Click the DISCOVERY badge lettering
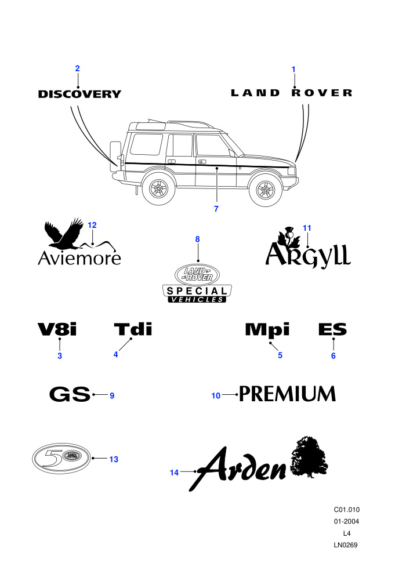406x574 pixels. pyautogui.click(x=79, y=94)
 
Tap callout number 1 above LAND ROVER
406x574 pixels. pyautogui.click(x=293, y=69)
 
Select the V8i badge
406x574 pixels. pyautogui.click(x=57, y=329)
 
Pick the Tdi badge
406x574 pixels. pyautogui.click(x=133, y=329)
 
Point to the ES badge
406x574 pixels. pyautogui.click(x=332, y=329)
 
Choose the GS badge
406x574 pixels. pyautogui.click(x=70, y=394)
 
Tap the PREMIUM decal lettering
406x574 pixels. pyautogui.click(x=287, y=394)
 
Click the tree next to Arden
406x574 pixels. pyautogui.click(x=309, y=457)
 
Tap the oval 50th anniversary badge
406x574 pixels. pyautogui.click(x=61, y=458)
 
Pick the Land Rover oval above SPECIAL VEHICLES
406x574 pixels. pyautogui.click(x=197, y=275)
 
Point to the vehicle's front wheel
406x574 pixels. pyautogui.click(x=266, y=190)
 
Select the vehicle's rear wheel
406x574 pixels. pyautogui.click(x=159, y=189)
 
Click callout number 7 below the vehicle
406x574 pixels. pyautogui.click(x=216, y=209)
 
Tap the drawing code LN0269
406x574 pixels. pyautogui.click(x=346, y=545)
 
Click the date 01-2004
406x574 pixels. pyautogui.click(x=346, y=521)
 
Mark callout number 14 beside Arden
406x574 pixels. pyautogui.click(x=174, y=473)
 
